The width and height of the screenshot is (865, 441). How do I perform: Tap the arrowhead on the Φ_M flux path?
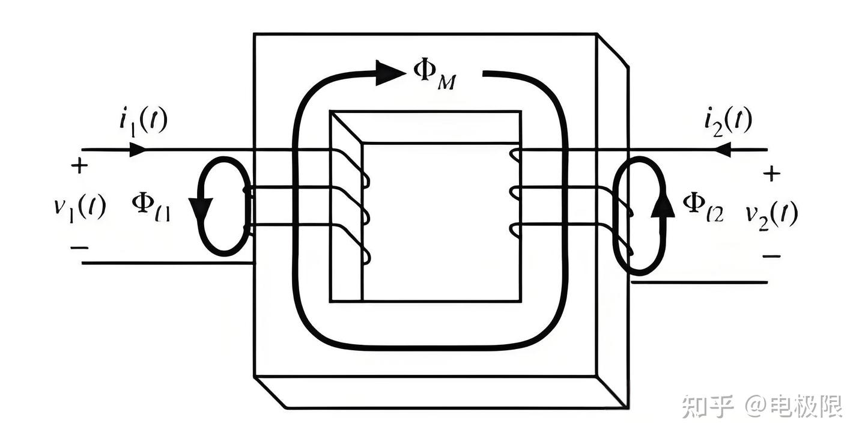[390, 73]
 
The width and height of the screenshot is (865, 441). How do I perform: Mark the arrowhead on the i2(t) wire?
[721, 149]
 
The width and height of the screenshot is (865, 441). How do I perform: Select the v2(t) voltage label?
[772, 213]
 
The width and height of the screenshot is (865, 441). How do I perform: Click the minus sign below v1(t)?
[79, 247]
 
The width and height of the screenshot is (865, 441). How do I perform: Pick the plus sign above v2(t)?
[772, 174]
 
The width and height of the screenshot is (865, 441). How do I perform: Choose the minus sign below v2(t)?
[772, 256]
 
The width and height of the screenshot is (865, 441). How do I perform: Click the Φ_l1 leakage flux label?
[151, 207]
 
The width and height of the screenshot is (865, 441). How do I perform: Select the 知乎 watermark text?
[708, 407]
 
